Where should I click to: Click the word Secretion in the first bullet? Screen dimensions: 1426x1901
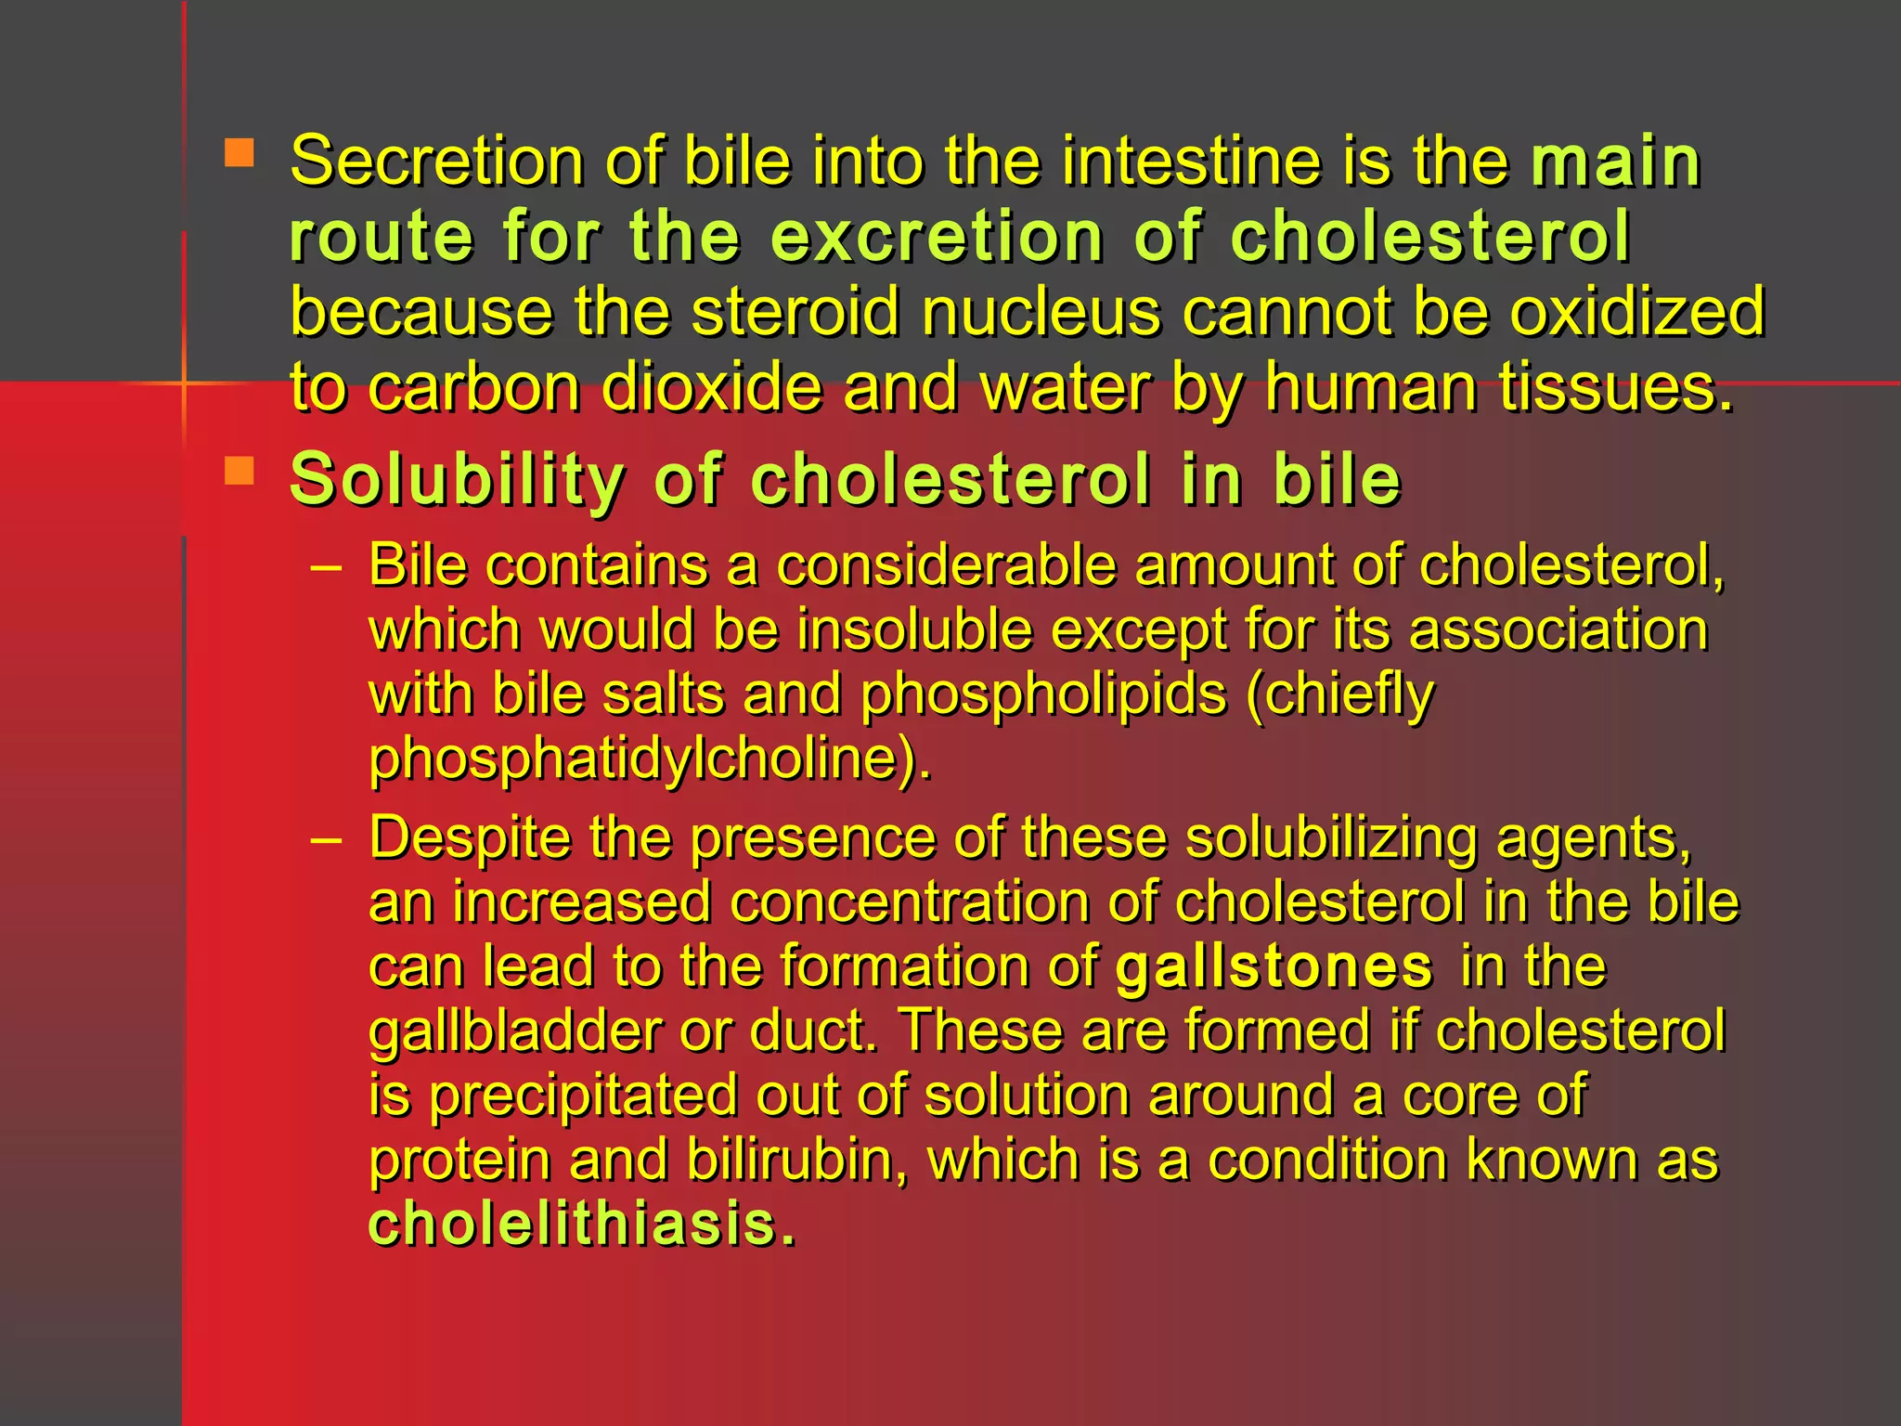436,162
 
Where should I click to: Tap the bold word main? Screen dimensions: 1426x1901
1615,162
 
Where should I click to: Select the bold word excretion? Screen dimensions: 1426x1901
937,237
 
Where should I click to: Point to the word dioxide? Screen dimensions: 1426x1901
711,387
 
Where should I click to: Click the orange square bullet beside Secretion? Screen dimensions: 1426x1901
239,153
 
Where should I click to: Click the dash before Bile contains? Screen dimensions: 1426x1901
327,566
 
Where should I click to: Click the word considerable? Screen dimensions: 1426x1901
945,565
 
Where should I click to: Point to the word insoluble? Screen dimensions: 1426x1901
914,630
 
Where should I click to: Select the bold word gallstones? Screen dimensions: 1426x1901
1274,967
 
